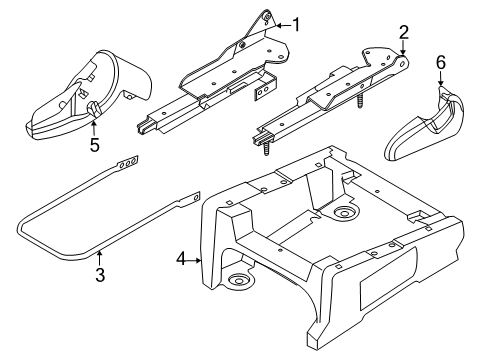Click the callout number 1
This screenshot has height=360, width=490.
[x=296, y=25]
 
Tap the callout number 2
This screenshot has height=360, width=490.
[x=404, y=33]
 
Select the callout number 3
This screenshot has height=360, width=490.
[x=100, y=275]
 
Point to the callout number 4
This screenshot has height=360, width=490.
[x=181, y=259]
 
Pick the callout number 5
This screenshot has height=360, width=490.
[x=95, y=145]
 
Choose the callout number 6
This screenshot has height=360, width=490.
[x=441, y=62]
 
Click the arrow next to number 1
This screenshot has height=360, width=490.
[x=283, y=25]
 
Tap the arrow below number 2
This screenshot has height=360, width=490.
[x=403, y=48]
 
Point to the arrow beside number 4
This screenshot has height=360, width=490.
[x=195, y=261]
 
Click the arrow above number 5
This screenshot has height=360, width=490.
[x=94, y=128]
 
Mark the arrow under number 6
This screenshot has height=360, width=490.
[x=441, y=79]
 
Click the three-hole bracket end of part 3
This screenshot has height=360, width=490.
[x=128, y=163]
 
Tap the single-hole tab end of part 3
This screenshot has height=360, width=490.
[x=191, y=199]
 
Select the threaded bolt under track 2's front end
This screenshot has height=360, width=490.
[x=267, y=149]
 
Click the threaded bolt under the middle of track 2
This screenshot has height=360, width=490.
[x=360, y=100]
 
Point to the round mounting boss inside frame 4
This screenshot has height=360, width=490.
[x=345, y=212]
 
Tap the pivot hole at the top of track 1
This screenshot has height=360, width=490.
[x=267, y=16]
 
